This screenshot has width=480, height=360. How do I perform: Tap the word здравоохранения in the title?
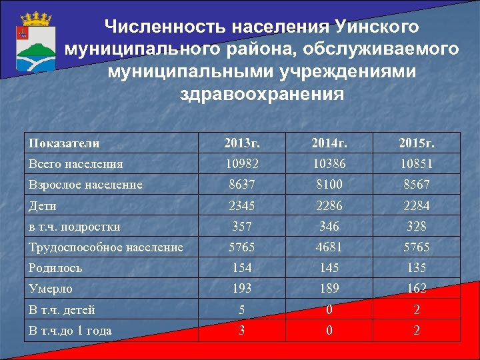tap(262, 93)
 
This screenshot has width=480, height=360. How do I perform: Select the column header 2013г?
tap(242, 143)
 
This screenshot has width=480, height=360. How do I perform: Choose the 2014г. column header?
tap(329, 143)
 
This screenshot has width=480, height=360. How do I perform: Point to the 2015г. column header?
tap(417, 143)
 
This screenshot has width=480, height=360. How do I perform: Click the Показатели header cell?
tap(64, 143)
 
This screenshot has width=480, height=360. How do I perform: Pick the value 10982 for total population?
tap(242, 163)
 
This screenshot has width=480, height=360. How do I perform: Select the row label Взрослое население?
tap(85, 185)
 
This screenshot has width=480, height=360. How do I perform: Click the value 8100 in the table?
tap(329, 185)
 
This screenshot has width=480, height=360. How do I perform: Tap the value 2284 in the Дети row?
tap(417, 205)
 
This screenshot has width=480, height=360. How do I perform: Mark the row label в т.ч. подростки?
tap(74, 227)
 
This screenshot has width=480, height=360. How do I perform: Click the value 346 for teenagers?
tap(329, 227)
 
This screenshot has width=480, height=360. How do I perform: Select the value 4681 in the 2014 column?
tap(329, 247)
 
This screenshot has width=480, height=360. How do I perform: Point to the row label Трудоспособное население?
tap(105, 247)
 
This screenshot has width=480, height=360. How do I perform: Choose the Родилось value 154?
tap(242, 268)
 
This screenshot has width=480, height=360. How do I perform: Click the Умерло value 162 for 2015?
tap(417, 289)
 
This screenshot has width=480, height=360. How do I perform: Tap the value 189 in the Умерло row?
tap(329, 289)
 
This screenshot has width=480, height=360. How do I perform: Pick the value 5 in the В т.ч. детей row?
tap(242, 309)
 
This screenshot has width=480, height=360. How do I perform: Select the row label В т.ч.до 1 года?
tap(69, 330)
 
